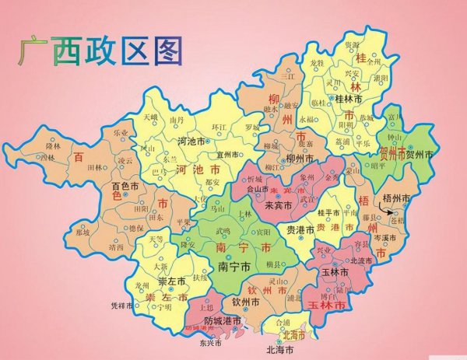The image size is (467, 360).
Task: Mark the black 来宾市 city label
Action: coord(278,206)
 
